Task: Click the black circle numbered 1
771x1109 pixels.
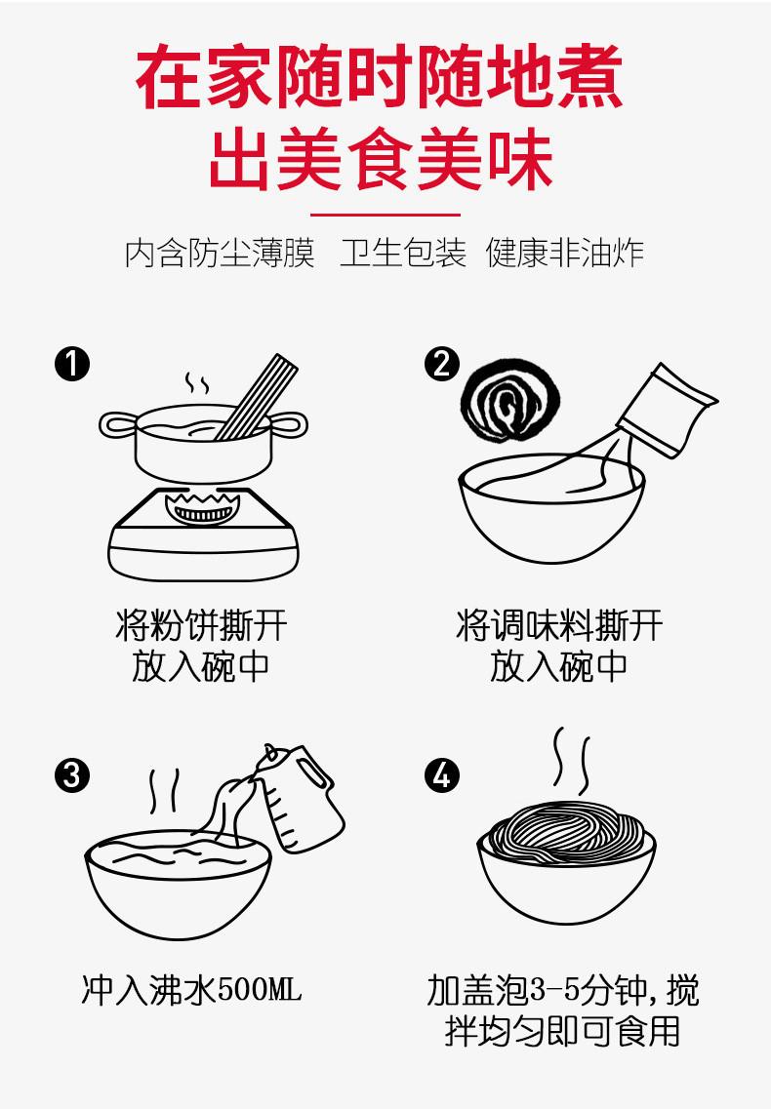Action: tap(72, 364)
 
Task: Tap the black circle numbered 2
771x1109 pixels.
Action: tap(442, 364)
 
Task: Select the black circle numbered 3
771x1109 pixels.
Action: tap(72, 775)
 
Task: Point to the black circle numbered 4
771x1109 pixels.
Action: tap(442, 775)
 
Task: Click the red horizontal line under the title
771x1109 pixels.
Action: tap(385, 215)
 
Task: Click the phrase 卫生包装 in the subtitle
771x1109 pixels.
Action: tap(403, 254)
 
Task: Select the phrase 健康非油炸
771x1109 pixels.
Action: tap(564, 254)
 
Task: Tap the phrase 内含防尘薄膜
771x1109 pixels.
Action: tap(220, 254)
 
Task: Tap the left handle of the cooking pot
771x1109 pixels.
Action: tap(117, 426)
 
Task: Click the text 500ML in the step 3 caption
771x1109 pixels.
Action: tap(259, 989)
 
